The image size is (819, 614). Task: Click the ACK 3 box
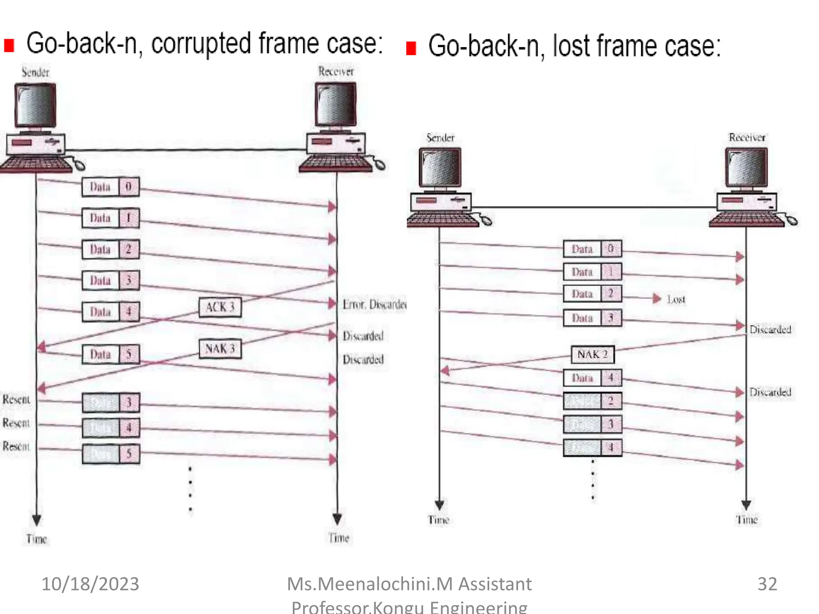(220, 307)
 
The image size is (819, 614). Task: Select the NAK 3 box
(220, 349)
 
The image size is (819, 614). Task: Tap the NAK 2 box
(592, 355)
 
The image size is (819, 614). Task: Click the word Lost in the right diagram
(676, 299)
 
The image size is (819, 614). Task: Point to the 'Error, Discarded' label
(374, 305)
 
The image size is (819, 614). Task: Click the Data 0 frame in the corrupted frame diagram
(111, 187)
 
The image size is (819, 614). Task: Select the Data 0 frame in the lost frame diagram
(592, 249)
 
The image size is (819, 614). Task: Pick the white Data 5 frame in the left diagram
(111, 354)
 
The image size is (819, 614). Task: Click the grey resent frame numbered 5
(111, 454)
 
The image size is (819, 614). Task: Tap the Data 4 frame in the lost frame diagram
(592, 378)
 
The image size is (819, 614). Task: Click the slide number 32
(767, 584)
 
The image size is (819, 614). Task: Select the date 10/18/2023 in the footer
(90, 584)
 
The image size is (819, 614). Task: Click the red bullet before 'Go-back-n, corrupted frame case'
(9, 46)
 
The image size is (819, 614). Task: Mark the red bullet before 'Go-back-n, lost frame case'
(411, 48)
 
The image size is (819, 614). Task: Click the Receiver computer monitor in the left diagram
(336, 105)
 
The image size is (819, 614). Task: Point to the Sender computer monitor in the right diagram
(440, 167)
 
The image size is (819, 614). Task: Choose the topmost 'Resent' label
(16, 399)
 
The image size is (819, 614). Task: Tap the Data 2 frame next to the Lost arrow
(592, 294)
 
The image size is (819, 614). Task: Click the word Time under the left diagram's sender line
(37, 539)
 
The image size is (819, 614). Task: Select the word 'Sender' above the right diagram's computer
(440, 138)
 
